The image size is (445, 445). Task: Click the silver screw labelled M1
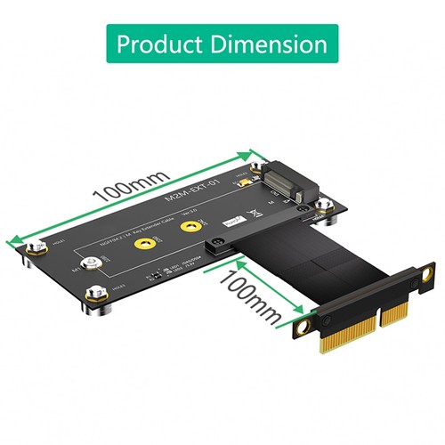pos(90,264)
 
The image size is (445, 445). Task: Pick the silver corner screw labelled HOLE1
pos(34,250)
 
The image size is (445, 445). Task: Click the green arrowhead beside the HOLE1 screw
pos(14,239)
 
